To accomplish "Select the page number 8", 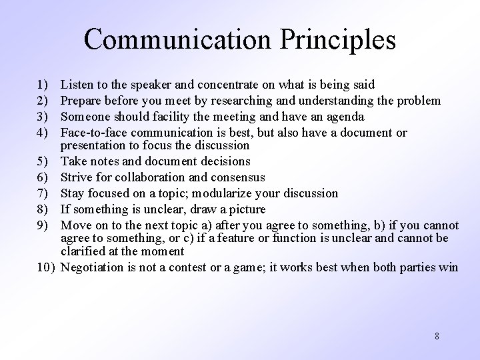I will [x=437, y=336].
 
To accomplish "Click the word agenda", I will [x=345, y=117].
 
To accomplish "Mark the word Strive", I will [x=76, y=177].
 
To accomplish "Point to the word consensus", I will [x=237, y=177].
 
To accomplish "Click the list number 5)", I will [x=44, y=161].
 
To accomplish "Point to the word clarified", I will [x=83, y=251].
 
